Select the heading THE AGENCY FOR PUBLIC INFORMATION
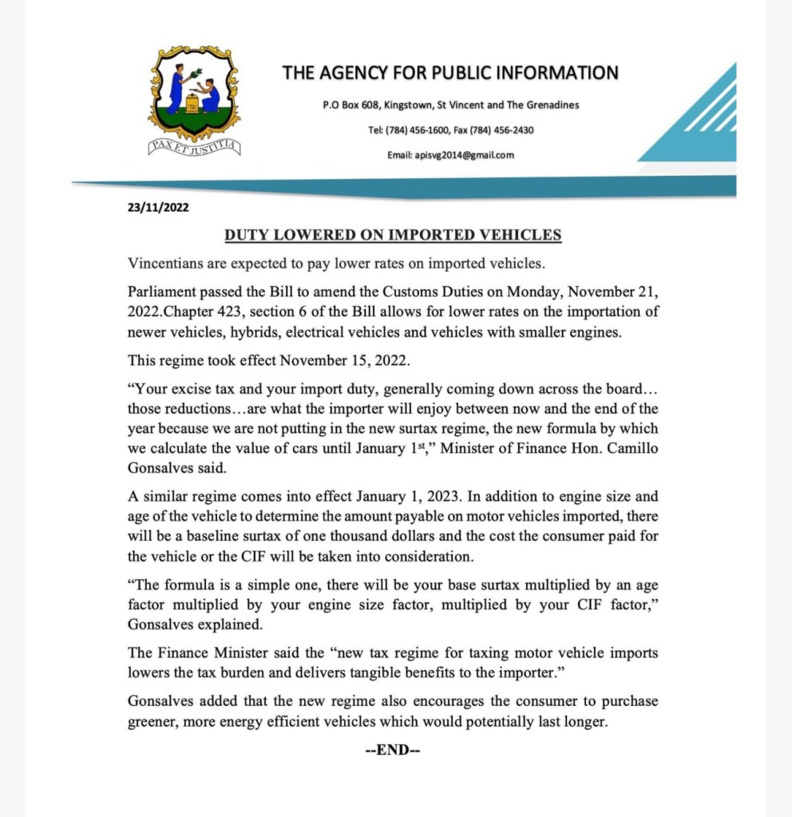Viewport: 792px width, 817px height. [x=450, y=73]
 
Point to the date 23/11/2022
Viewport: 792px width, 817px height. [x=158, y=207]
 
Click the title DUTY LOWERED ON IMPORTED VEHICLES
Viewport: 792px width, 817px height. [x=393, y=235]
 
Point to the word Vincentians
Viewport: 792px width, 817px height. [x=167, y=264]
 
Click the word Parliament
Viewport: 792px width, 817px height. [x=163, y=292]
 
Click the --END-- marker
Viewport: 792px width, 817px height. [x=393, y=750]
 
